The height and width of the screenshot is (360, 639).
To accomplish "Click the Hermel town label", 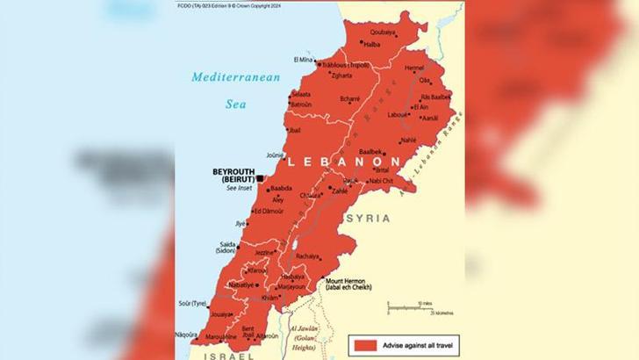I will coord(414,67).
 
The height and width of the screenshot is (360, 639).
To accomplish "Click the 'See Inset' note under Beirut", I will coord(239,188).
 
